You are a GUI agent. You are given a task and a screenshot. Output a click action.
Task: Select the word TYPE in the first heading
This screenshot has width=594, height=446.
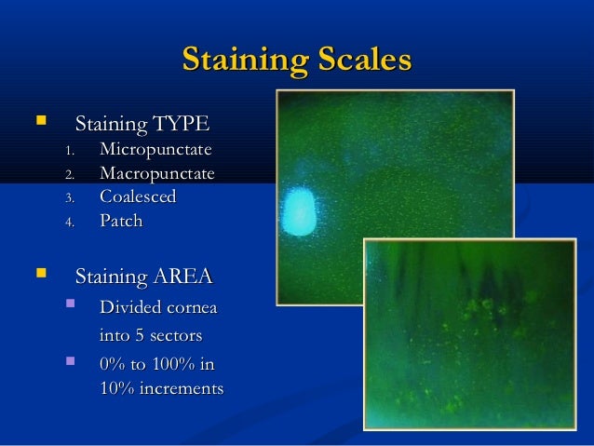click(x=182, y=124)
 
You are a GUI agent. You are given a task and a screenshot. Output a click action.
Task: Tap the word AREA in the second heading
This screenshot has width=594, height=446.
click(x=184, y=277)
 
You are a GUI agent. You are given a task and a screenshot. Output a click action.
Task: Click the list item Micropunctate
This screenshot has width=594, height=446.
click(x=155, y=150)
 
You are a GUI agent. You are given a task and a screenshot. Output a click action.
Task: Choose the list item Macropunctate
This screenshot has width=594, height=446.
click(x=156, y=174)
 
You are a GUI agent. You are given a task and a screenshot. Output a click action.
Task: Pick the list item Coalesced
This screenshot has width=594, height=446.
click(x=138, y=197)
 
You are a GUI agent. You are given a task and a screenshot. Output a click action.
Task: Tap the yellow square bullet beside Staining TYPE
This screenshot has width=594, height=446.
click(x=39, y=122)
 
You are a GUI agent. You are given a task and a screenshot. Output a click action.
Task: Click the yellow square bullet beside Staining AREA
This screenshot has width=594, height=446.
click(x=39, y=275)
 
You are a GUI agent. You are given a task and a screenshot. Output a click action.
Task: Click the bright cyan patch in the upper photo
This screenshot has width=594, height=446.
click(x=300, y=211)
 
